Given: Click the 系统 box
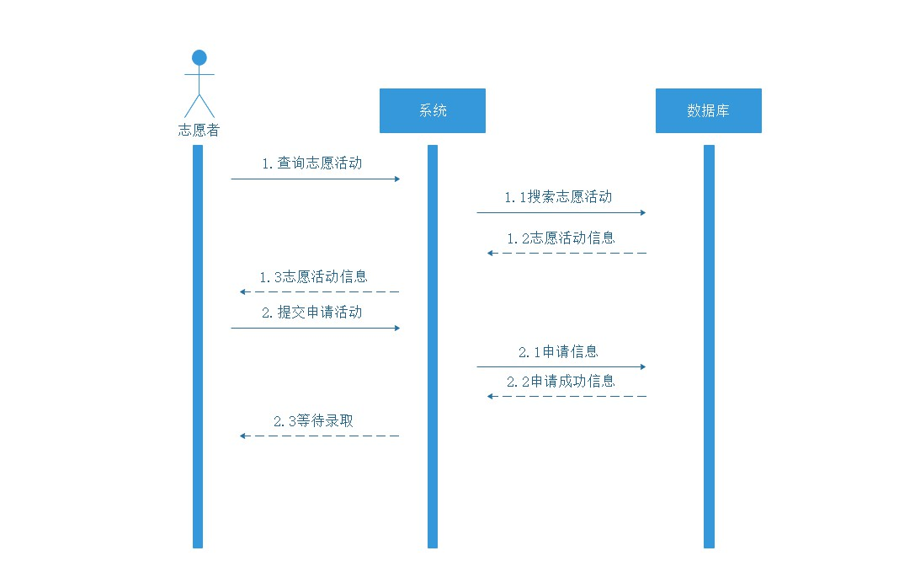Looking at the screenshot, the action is pos(433,110).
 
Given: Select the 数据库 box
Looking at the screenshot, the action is pos(709,110).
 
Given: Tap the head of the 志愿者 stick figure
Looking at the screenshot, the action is pos(199,57).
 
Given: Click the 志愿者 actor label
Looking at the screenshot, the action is pos(199,131).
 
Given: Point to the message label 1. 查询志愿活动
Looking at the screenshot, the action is pos(311,163).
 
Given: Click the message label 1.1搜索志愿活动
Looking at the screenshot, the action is pos(558,197).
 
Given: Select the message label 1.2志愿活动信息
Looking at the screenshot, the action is pos(561,238).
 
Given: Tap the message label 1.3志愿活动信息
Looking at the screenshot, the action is pos(313,276).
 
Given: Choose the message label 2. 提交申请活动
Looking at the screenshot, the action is pos(311,313).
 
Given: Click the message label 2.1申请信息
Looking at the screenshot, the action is pos(558,352).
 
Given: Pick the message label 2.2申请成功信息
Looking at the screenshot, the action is pos(561,382).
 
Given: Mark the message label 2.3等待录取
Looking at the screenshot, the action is pos(313,420).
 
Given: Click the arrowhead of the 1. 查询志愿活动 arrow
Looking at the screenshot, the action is pos(397,179).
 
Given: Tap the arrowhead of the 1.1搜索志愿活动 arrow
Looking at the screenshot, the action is pos(643,212).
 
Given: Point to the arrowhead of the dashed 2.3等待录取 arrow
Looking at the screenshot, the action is pos(242,436).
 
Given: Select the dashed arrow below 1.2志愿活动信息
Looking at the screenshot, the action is pos(567,253).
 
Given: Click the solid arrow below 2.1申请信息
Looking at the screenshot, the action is pos(561,367).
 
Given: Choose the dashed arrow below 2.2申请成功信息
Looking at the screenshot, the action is pos(567,396).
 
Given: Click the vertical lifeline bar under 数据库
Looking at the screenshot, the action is pos(709,346).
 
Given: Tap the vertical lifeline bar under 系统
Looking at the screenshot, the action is pos(433,346).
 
